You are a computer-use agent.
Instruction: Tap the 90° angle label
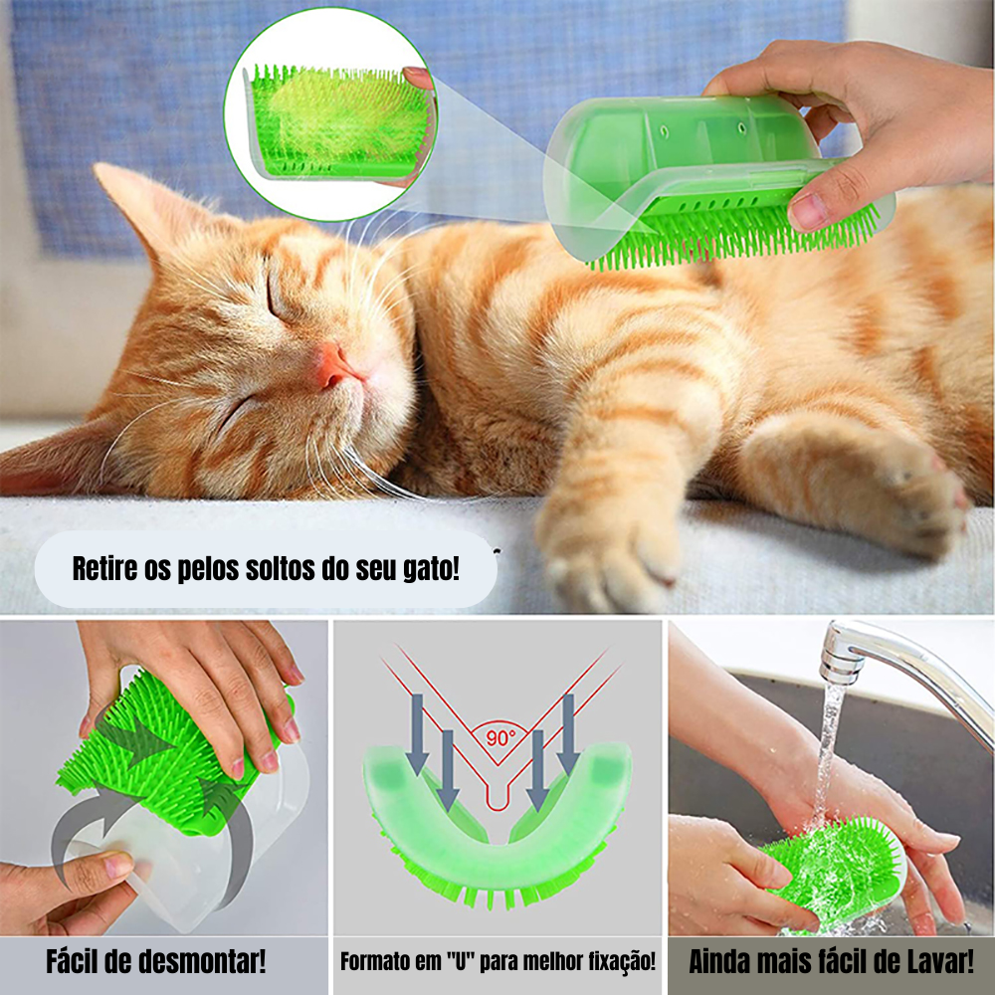500,737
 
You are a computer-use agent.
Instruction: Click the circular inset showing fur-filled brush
330,114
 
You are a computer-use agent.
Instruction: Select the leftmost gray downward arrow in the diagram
417,734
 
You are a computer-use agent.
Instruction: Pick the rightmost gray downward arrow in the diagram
568,734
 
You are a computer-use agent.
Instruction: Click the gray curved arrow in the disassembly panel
83,838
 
